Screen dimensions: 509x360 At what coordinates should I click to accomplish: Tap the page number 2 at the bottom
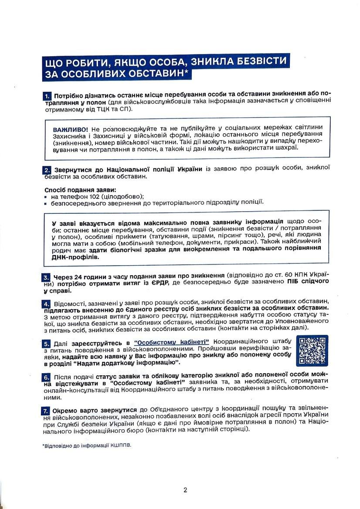185,490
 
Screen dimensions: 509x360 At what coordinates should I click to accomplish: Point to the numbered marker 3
47,277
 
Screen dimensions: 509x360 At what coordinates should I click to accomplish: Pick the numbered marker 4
47,303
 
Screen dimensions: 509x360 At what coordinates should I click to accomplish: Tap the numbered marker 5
47,343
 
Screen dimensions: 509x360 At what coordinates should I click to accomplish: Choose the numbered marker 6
47,377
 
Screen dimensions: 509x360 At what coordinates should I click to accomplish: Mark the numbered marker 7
47,411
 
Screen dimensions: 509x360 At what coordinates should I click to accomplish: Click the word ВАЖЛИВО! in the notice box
70,130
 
